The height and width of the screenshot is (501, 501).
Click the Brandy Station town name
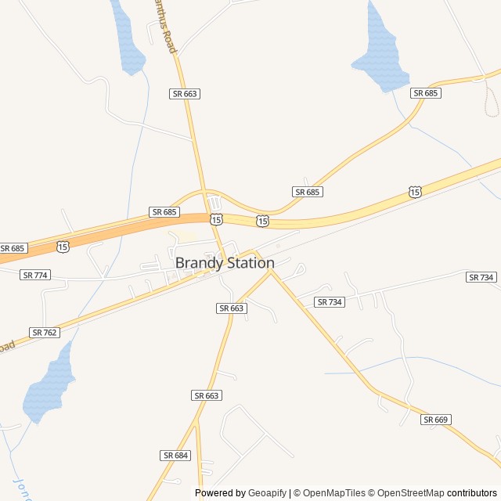(225, 263)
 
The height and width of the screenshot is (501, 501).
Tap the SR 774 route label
(35, 275)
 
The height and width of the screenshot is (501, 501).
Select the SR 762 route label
(45, 333)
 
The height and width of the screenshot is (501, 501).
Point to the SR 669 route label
(436, 420)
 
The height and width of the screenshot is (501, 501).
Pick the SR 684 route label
(176, 456)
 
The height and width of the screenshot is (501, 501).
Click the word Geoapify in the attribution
(267, 493)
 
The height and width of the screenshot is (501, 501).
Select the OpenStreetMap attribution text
(408, 493)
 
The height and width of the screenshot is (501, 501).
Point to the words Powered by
(220, 493)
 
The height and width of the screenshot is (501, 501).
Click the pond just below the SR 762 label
(47, 387)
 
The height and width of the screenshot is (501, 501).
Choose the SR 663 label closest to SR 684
(206, 395)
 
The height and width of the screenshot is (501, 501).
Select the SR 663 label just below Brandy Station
(232, 308)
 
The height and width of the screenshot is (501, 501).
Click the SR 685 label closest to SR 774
(13, 248)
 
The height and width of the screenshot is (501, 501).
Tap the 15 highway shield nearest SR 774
(63, 246)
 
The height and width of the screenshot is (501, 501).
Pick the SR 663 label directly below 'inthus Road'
(185, 94)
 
